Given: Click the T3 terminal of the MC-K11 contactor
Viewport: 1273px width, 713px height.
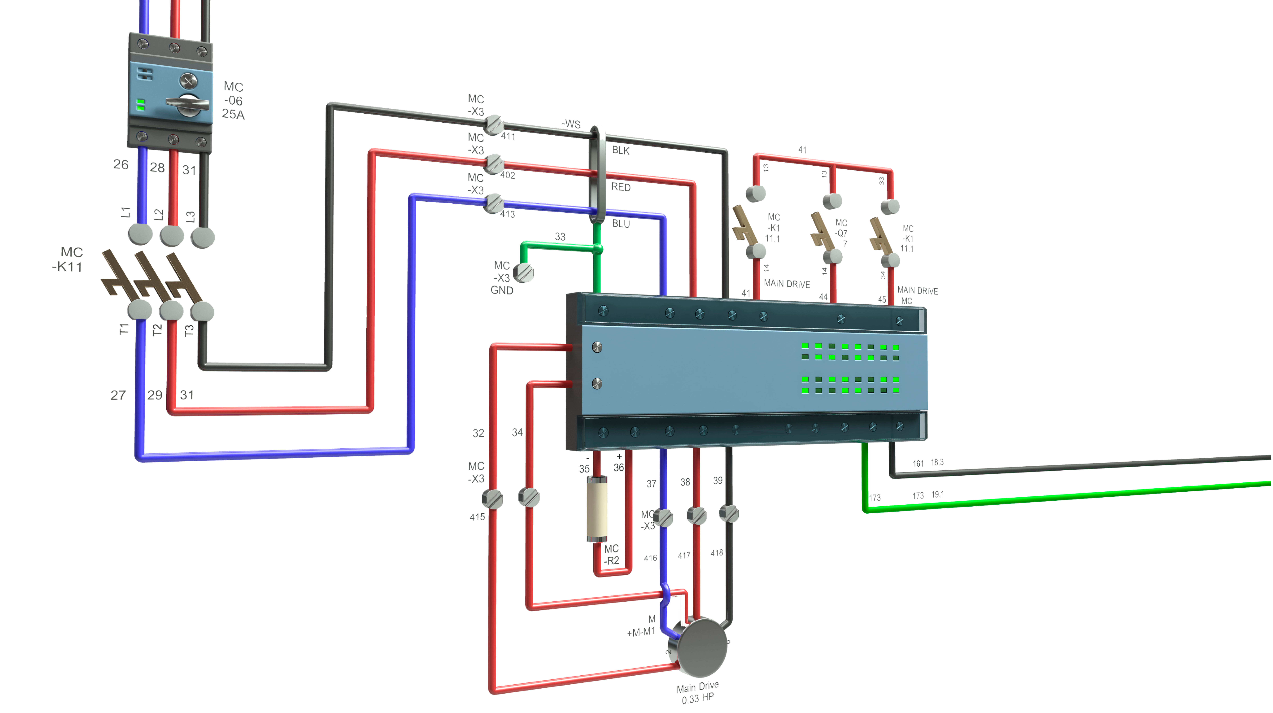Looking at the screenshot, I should click(202, 312).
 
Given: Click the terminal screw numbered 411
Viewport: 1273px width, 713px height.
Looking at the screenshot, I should click(493, 125).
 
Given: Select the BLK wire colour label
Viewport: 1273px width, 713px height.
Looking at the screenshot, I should click(621, 150).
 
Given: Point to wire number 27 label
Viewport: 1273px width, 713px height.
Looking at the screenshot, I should click(118, 395).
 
